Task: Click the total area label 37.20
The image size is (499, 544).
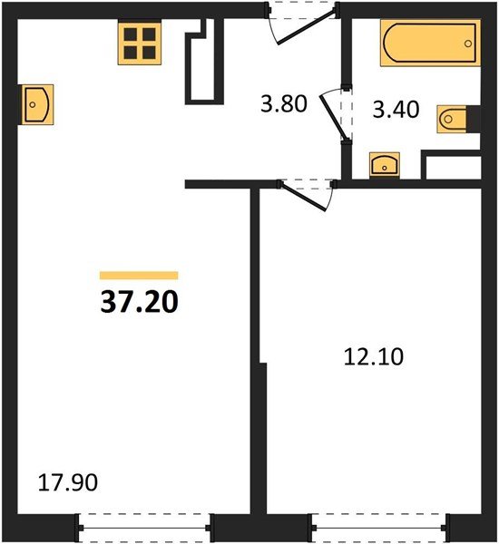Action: [x=139, y=302]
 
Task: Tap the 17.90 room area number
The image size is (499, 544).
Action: [x=68, y=482]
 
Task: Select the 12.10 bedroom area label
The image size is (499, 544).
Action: [x=374, y=356]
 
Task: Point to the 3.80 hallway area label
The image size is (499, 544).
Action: [x=284, y=103]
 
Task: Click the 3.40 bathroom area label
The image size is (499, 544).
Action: [x=396, y=110]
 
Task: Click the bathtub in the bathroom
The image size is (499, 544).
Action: [x=431, y=43]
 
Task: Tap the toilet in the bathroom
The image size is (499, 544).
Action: [x=452, y=119]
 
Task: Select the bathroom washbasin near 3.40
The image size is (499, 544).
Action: [x=385, y=166]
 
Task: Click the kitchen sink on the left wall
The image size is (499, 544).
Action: [x=37, y=104]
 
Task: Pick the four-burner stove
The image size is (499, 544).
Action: [x=140, y=43]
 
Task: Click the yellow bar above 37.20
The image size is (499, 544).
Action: [x=139, y=276]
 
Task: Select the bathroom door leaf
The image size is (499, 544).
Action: [x=333, y=114]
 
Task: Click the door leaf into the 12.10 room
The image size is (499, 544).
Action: [x=304, y=196]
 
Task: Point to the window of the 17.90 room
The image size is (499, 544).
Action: [x=145, y=528]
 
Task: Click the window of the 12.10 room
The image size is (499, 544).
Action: [x=379, y=528]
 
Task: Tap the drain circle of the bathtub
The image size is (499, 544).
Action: [x=468, y=44]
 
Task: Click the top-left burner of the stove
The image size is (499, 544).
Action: [x=131, y=34]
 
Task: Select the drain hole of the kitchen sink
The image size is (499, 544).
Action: [x=33, y=104]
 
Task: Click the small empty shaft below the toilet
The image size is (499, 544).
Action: [x=454, y=168]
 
